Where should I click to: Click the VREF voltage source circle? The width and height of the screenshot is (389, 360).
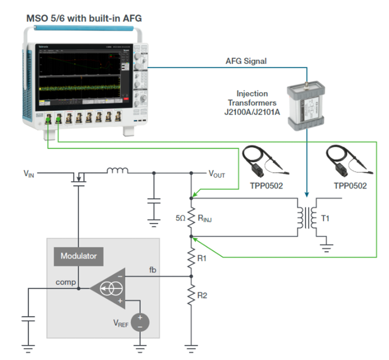click(140, 322)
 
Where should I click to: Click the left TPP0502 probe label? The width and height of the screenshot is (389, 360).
click(266, 185)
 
